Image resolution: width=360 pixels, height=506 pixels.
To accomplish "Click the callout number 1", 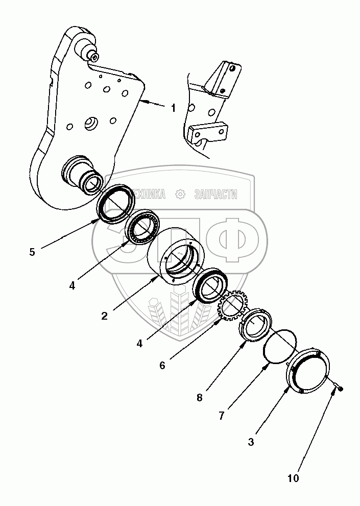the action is pyautogui.click(x=173, y=108).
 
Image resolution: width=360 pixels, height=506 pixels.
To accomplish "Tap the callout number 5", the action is pyautogui.click(x=32, y=252).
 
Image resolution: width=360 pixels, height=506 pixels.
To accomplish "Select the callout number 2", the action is pyautogui.click(x=104, y=316).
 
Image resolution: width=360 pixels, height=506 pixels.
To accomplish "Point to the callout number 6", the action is pyautogui.click(x=162, y=365).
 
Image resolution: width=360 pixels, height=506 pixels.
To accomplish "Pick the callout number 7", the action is pyautogui.click(x=221, y=416).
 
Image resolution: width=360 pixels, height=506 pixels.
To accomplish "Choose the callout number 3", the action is pyautogui.click(x=251, y=442).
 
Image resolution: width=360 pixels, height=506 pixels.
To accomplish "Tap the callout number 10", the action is pyautogui.click(x=294, y=478).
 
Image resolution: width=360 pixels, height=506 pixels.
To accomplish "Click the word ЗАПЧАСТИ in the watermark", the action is pyautogui.click(x=216, y=194).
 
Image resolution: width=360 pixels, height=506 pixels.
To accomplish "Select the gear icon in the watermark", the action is pyautogui.click(x=180, y=194).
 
